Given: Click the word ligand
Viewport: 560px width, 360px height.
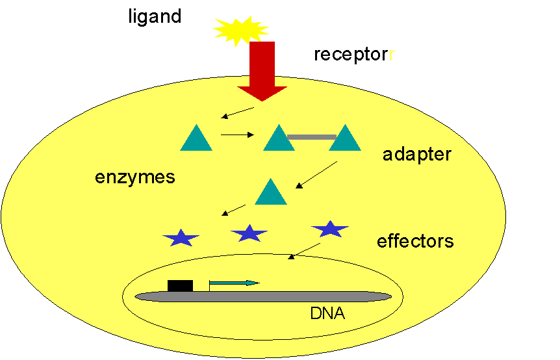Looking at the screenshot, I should pyautogui.click(x=155, y=16).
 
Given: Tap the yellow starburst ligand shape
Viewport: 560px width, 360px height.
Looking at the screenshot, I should pyautogui.click(x=241, y=30).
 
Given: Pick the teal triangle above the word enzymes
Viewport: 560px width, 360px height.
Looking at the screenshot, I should pyautogui.click(x=196, y=139).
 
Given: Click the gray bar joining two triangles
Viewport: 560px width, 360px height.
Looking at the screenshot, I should pyautogui.click(x=311, y=137).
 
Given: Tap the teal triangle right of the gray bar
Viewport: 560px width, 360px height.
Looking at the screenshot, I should pyautogui.click(x=345, y=139).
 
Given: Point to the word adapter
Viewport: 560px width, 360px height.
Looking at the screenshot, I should pyautogui.click(x=416, y=155).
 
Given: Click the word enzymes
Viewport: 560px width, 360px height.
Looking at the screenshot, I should pyautogui.click(x=135, y=177).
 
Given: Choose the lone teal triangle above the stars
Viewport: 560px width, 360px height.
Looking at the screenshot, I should pyautogui.click(x=271, y=193).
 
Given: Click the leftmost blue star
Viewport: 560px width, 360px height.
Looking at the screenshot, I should pyautogui.click(x=181, y=238).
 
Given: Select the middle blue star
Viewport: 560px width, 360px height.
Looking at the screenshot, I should pyautogui.click(x=249, y=233).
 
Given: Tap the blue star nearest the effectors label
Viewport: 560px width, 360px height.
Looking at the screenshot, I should pyautogui.click(x=330, y=229).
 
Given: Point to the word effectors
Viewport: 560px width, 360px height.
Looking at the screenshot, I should pyautogui.click(x=415, y=242).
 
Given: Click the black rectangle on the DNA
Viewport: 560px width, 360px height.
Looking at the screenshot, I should pyautogui.click(x=180, y=285).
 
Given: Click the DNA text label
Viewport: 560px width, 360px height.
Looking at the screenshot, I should pyautogui.click(x=327, y=314).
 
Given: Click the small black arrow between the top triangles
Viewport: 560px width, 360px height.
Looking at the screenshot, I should pyautogui.click(x=237, y=135).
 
